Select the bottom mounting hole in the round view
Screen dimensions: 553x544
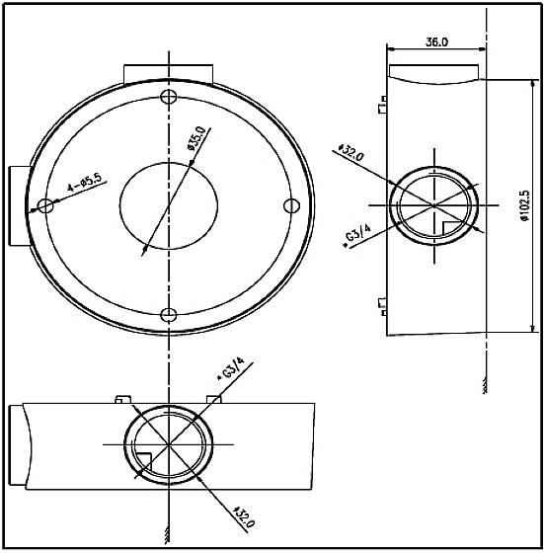169,315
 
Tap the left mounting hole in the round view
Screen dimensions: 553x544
44,205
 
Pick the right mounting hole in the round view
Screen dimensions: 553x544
290,204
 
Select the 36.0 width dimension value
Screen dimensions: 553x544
437,42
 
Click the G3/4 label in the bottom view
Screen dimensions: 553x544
229,374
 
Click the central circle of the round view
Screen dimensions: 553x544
169,203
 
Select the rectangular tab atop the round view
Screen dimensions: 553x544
168,74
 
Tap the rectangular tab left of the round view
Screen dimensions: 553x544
18,205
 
